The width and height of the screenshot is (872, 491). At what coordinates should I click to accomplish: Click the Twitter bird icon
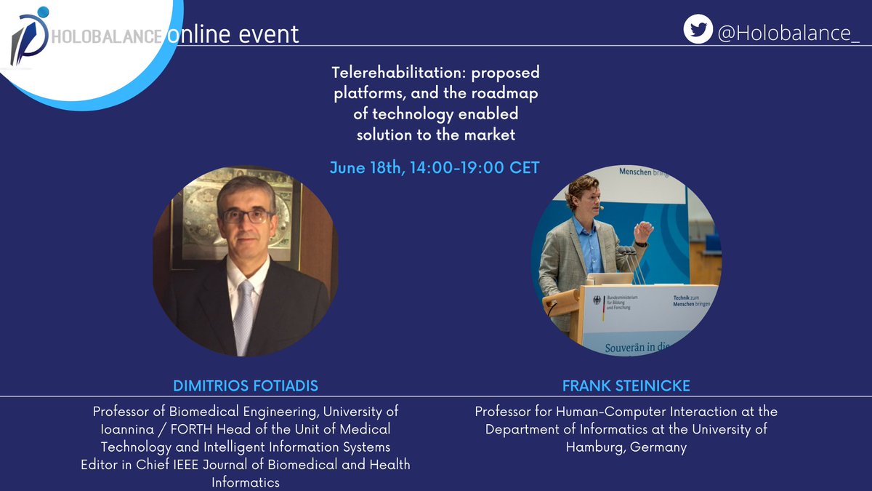[x=698, y=29]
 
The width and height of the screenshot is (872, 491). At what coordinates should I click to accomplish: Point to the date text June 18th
[x=365, y=167]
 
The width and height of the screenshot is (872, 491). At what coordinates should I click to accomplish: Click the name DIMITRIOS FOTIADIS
[x=245, y=386]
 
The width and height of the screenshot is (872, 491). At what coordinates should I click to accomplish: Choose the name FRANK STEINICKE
[x=626, y=386]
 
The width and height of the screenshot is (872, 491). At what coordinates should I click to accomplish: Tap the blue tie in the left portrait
[x=244, y=313]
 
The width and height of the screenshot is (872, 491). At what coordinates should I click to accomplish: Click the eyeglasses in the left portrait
[x=247, y=216]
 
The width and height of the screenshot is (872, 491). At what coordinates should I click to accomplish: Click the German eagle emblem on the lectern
[x=597, y=299]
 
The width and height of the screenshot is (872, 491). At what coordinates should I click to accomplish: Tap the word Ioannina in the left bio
[x=119, y=428]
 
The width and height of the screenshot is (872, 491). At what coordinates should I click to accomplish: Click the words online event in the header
[x=233, y=34]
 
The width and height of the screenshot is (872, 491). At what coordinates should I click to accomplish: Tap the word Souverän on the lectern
[x=631, y=348]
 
